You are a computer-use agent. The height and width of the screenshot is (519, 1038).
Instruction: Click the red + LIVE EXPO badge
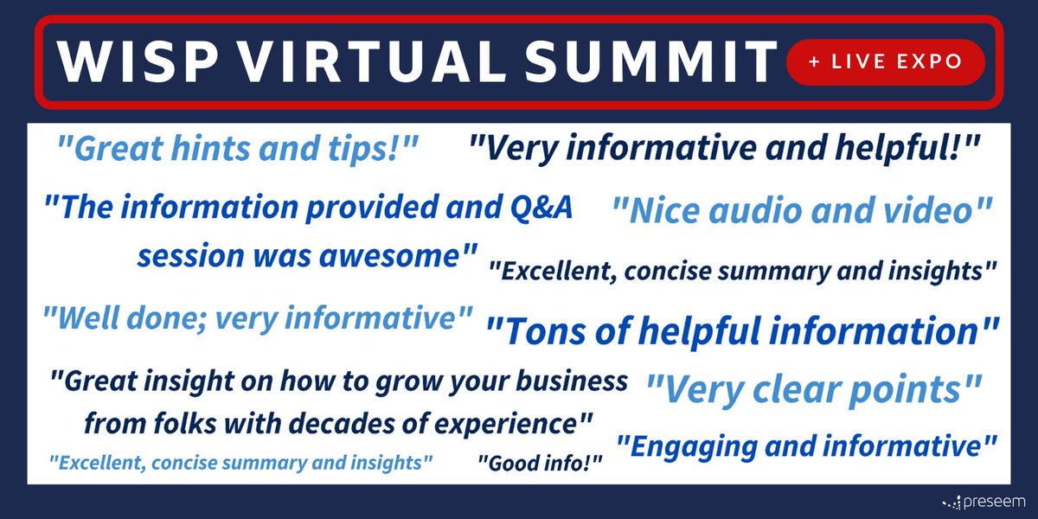[885, 62]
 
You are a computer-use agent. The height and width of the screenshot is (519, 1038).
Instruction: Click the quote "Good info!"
[540, 464]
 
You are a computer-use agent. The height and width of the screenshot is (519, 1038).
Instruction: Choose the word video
[926, 212]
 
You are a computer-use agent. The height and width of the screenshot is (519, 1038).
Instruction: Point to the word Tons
[545, 331]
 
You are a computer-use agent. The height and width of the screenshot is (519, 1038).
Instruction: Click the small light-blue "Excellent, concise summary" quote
[240, 463]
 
